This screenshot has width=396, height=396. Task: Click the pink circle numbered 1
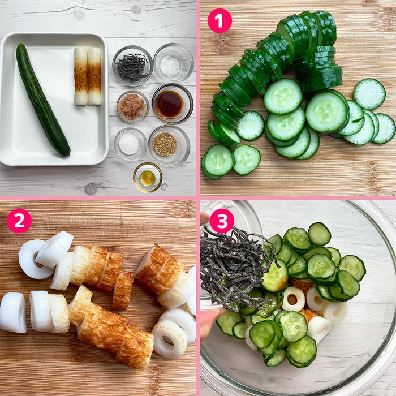tap(219, 21)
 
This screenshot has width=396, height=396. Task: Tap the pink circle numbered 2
tap(19, 221)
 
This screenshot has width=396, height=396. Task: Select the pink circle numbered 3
tap(222, 221)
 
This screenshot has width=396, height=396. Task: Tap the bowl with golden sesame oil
tap(148, 178)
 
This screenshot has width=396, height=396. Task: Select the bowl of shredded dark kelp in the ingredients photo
tap(132, 66)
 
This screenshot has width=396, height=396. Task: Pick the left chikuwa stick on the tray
tap(81, 76)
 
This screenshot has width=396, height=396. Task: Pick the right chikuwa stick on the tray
tap(94, 76)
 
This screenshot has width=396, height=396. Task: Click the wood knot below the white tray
tap(91, 188)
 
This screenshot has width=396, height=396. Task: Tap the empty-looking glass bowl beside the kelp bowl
tap(174, 63)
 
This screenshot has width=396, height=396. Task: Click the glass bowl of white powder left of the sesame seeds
tap(130, 144)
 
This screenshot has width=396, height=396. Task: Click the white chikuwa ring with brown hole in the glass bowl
tap(293, 299)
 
